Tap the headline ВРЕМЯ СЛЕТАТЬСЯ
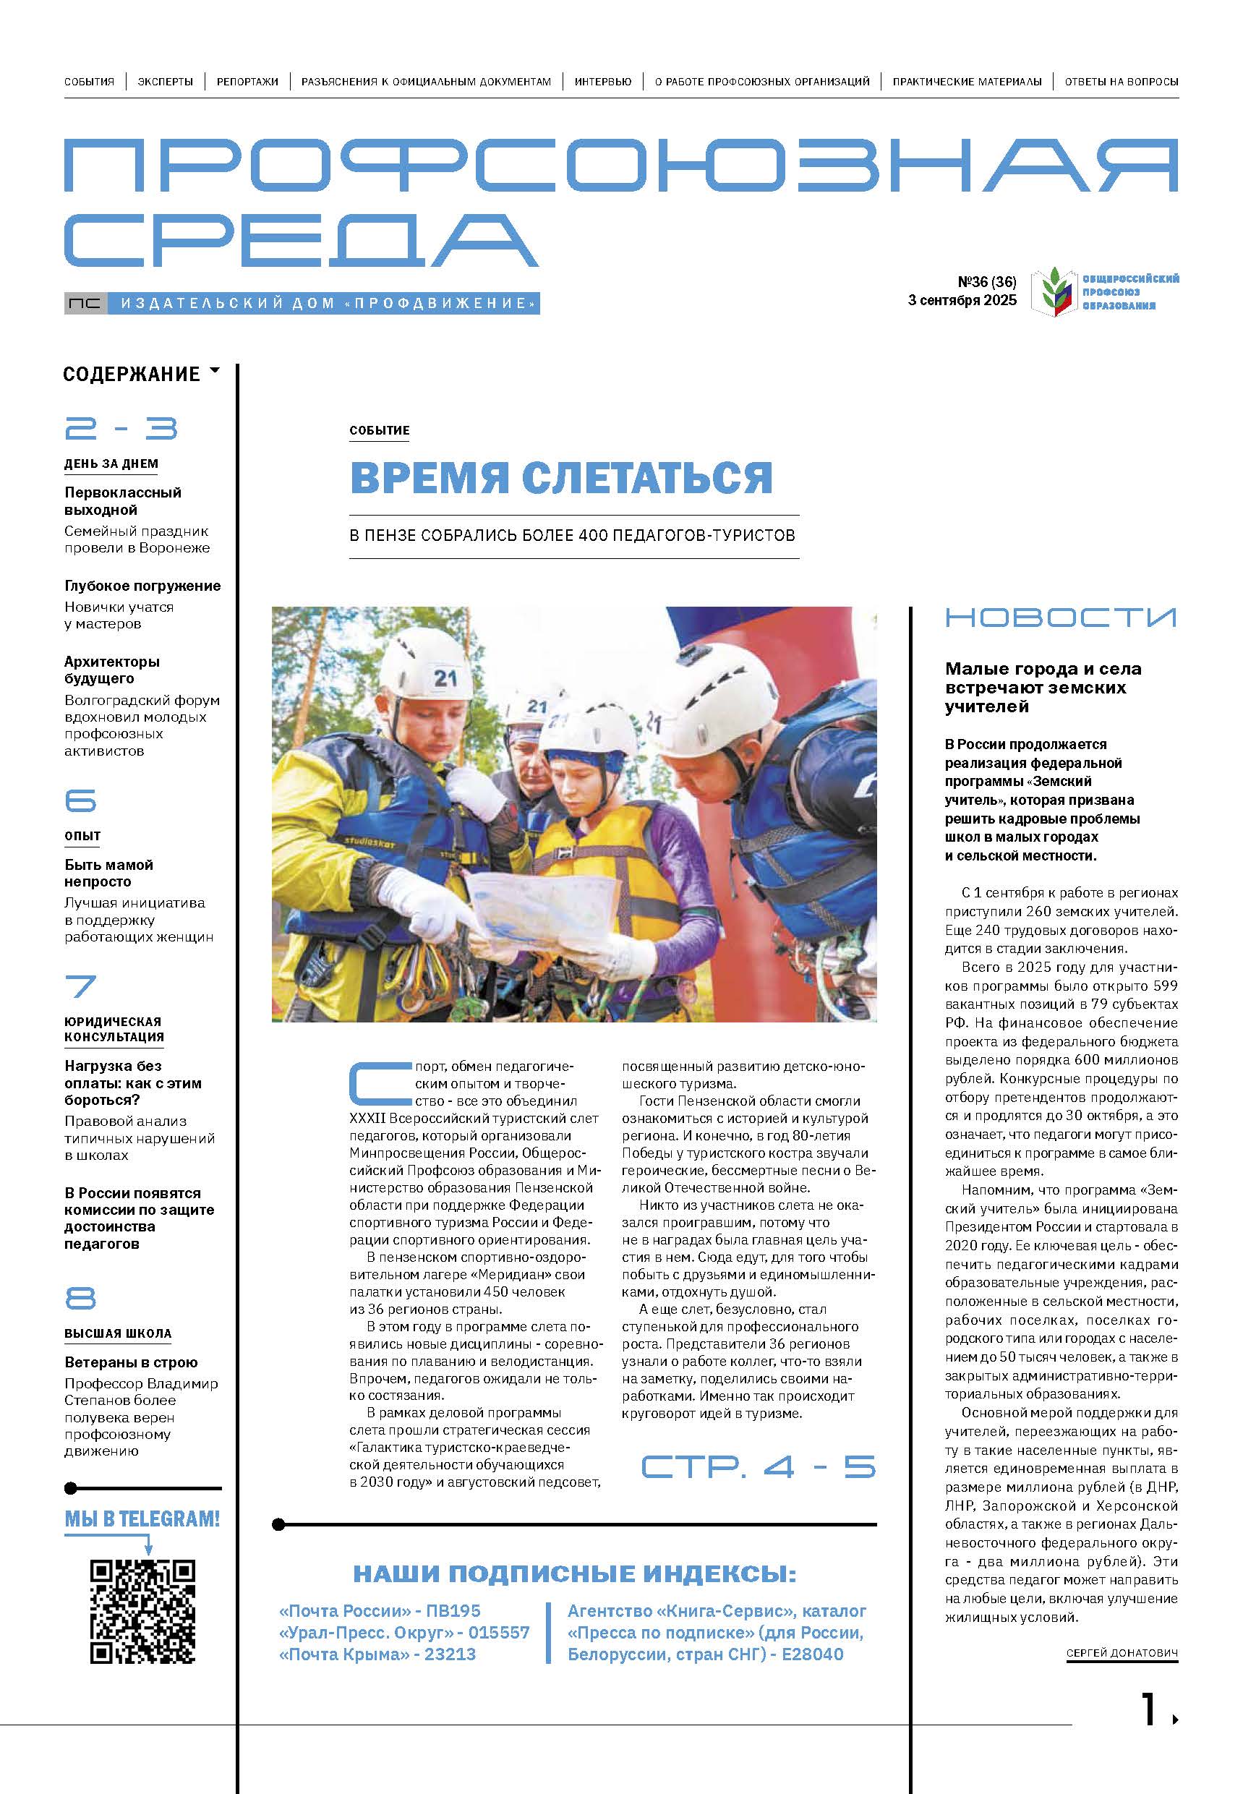pyautogui.click(x=560, y=477)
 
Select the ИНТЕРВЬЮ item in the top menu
pyautogui.click(x=603, y=81)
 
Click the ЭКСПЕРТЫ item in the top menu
pyautogui.click(x=165, y=81)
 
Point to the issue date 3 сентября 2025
pyautogui.click(x=962, y=301)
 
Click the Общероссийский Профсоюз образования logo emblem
pyautogui.click(x=1053, y=291)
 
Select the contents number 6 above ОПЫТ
pyautogui.click(x=80, y=800)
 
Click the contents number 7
pyautogui.click(x=80, y=986)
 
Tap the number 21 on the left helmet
pyautogui.click(x=445, y=678)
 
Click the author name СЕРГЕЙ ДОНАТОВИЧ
pyautogui.click(x=1122, y=1652)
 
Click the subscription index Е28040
pyautogui.click(x=812, y=1654)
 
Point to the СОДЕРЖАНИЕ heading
pyautogui.click(x=132, y=375)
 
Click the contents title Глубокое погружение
pyautogui.click(x=142, y=586)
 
